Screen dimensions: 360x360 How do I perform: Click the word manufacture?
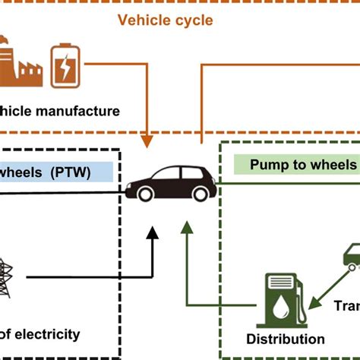pos(80,112)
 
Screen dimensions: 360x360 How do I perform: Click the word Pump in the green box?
pos(268,165)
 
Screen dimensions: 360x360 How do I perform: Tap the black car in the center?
pos(172,183)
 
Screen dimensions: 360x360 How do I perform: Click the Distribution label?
pos(285,339)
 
